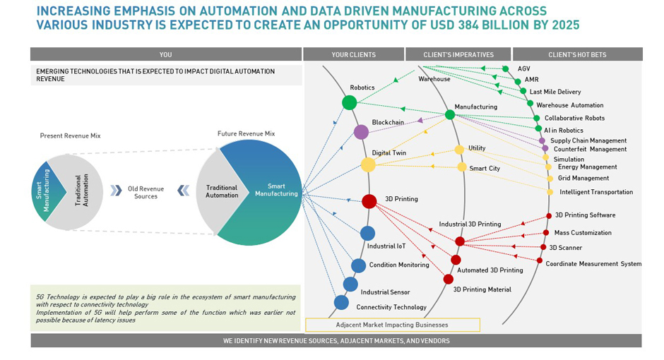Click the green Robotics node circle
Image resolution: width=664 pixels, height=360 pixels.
[349, 102]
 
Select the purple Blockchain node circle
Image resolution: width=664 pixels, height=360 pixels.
[361, 132]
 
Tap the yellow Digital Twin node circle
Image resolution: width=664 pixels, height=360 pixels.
[368, 164]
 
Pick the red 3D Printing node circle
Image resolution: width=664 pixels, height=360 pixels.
[369, 201]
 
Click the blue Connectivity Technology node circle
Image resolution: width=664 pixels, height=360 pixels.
[341, 302]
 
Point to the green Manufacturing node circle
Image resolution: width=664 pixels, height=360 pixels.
[450, 114]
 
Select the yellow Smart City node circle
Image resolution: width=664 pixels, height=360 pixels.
[462, 167]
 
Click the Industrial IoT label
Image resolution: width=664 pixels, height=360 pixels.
[386, 246]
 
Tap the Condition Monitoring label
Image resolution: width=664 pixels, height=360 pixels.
[398, 265]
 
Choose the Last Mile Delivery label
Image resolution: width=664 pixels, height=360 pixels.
[555, 92]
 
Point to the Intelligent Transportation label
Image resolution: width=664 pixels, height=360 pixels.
[596, 192]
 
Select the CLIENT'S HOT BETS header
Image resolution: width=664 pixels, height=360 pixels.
[577, 54]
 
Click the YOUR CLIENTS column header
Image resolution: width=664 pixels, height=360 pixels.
[353, 54]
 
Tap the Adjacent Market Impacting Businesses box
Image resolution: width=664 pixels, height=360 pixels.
[392, 325]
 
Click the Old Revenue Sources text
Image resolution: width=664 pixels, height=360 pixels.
[146, 192]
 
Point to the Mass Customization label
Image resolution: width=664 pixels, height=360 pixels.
[583, 232]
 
